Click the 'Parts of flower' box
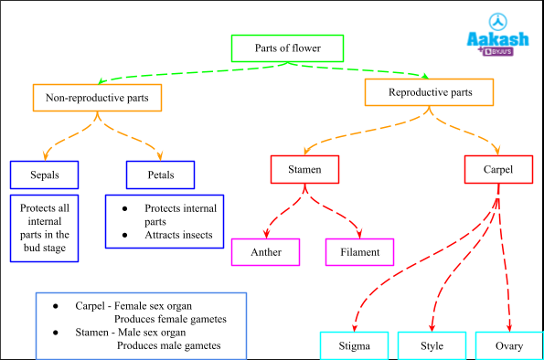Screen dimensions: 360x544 pyautogui.click(x=287, y=48)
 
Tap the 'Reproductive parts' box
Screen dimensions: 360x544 pyautogui.click(x=430, y=92)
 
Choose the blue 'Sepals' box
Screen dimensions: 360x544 pyautogui.click(x=45, y=174)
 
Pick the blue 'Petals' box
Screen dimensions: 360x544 pyautogui.click(x=161, y=174)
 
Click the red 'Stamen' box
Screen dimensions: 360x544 pyautogui.click(x=304, y=169)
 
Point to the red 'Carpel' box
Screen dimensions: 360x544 pyautogui.click(x=497, y=169)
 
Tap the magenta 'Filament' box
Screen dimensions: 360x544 pyautogui.click(x=359, y=251)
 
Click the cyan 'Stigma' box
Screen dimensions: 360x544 pyautogui.click(x=354, y=346)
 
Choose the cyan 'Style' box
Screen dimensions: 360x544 pyautogui.click(x=432, y=346)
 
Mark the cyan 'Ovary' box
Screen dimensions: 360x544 pyautogui.click(x=509, y=346)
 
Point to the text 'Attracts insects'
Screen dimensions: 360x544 pyautogui.click(x=178, y=235)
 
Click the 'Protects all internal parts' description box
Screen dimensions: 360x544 pyautogui.click(x=45, y=228)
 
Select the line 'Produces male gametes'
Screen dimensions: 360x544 pyautogui.click(x=169, y=346)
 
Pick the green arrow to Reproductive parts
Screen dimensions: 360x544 pyautogui.click(x=366, y=69)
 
